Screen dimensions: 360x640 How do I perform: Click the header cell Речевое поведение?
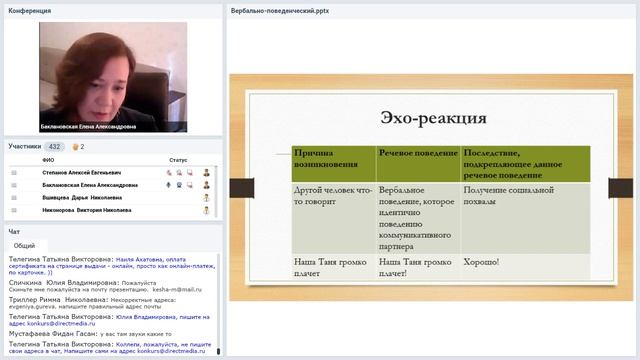(x=417, y=151)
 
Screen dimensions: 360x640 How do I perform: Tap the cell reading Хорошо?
(x=481, y=262)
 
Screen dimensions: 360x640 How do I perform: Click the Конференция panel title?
(x=29, y=10)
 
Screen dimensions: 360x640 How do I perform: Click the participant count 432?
(x=54, y=146)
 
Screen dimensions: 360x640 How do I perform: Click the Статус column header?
(x=178, y=160)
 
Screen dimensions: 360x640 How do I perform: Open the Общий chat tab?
(x=25, y=245)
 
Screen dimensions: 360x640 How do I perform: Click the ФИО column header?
(x=48, y=160)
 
